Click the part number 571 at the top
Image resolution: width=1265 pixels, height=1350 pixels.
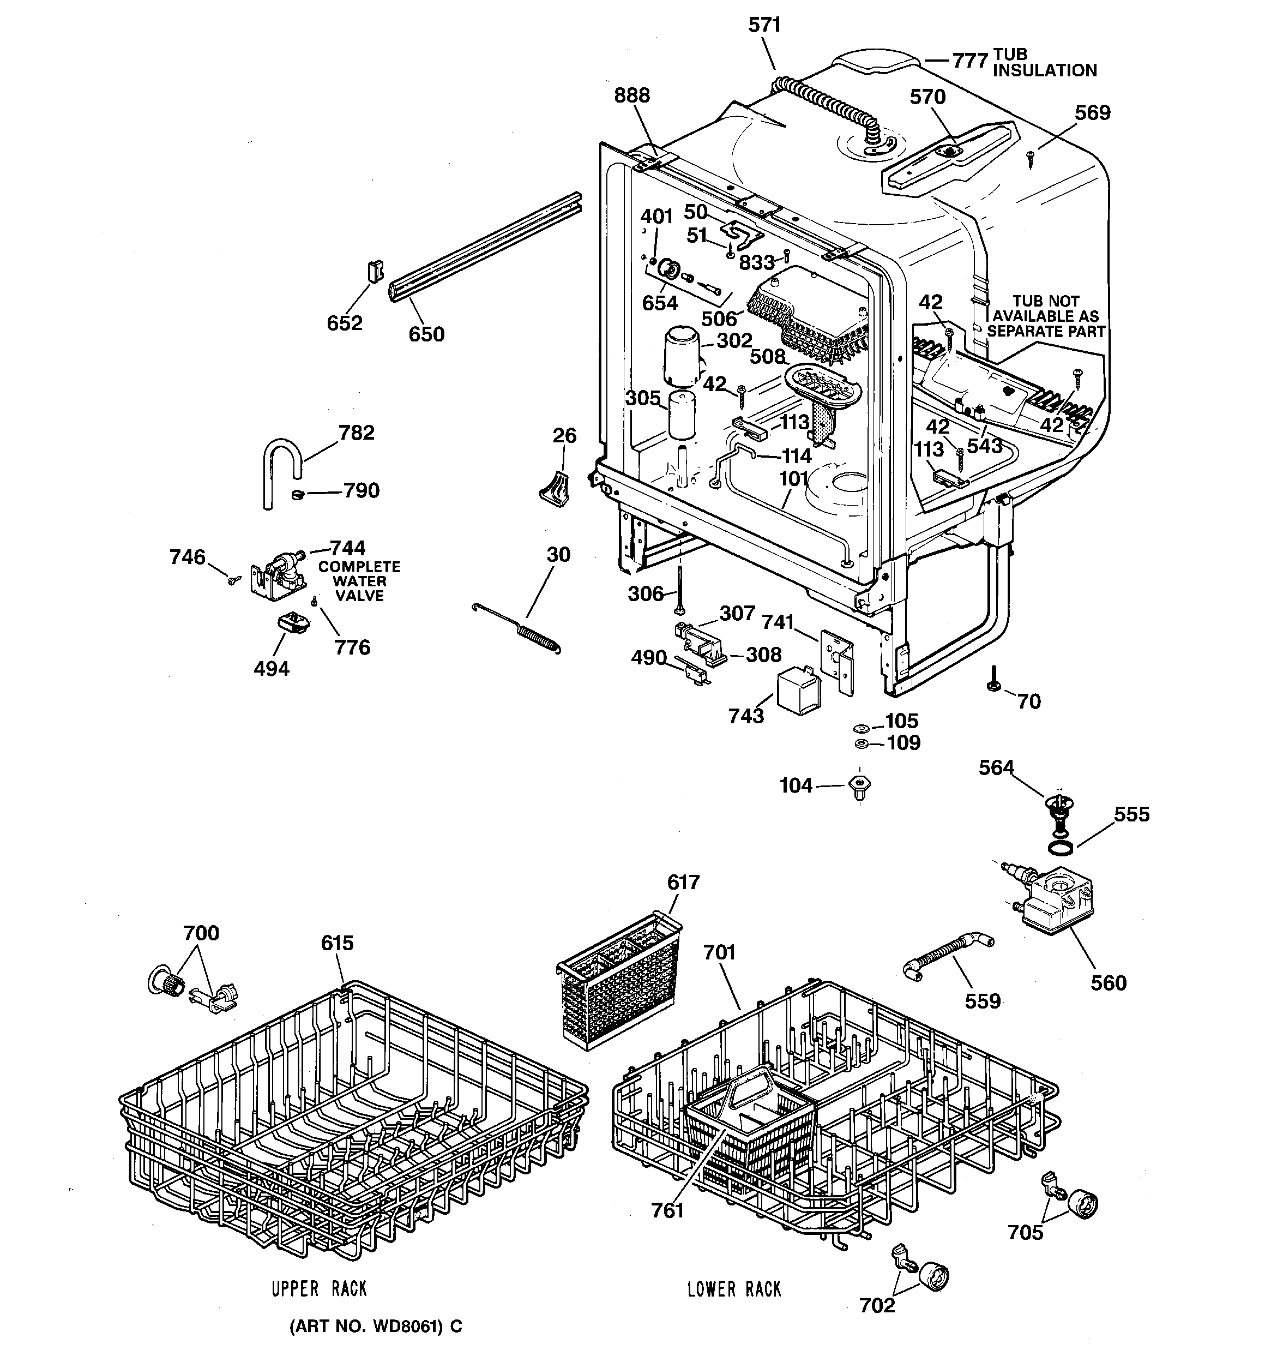(x=764, y=25)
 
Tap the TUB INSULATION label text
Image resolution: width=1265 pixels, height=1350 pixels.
(x=1044, y=63)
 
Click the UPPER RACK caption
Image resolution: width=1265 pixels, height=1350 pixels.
(x=319, y=1289)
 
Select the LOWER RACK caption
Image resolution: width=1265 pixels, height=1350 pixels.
(x=734, y=1289)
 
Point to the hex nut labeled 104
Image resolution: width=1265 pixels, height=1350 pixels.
(x=860, y=787)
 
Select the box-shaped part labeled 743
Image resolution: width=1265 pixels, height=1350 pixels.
(x=800, y=691)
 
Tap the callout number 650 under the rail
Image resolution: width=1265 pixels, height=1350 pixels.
(x=426, y=334)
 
